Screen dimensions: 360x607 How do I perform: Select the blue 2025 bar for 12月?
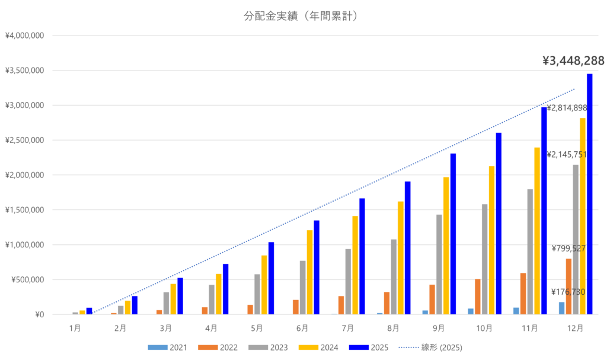[x=590, y=196]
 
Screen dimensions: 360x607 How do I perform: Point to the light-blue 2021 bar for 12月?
[x=561, y=308]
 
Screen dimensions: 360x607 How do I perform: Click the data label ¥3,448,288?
[x=573, y=60]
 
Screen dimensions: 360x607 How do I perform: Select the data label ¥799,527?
[x=568, y=249]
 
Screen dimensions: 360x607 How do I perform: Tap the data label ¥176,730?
[x=568, y=292]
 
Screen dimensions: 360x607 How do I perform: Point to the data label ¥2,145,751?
[x=567, y=155]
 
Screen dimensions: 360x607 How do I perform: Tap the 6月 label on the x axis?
[x=302, y=327]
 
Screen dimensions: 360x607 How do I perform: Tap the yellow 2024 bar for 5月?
[x=264, y=285]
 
